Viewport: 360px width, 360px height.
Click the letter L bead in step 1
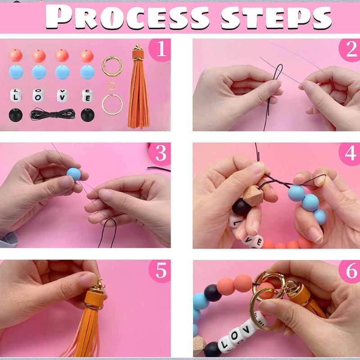[x=16, y=95]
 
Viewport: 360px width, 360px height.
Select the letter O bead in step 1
[x=39, y=95]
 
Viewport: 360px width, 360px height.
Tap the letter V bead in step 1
[x=63, y=95]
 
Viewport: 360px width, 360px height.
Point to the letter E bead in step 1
[x=87, y=95]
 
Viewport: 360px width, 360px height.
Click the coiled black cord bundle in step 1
[x=49, y=115]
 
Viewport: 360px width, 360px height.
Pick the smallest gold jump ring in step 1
[x=112, y=85]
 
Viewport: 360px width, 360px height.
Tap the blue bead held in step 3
[x=73, y=174]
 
